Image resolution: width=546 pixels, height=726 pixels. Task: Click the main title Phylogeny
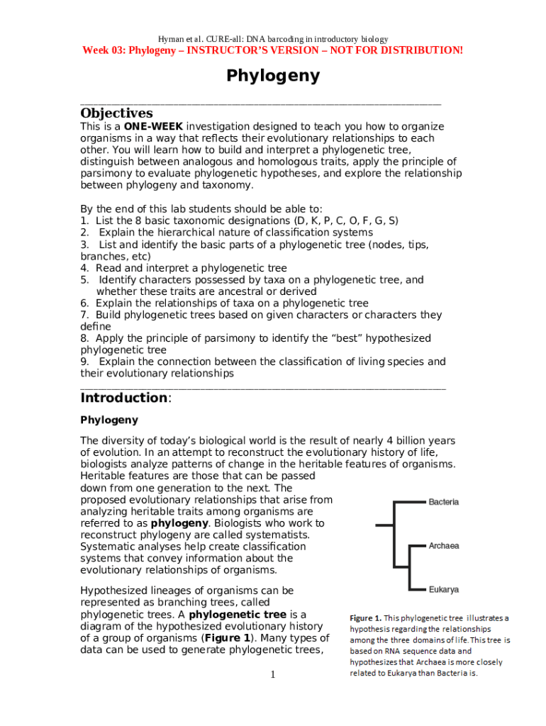pyautogui.click(x=273, y=76)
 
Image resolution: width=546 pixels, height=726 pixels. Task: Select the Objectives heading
pyautogui.click(x=116, y=113)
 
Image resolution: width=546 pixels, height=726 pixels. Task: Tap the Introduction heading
pyautogui.click(x=124, y=398)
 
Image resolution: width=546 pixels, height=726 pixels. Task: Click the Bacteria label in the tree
pyautogui.click(x=443, y=502)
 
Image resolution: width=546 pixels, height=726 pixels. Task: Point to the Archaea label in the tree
pyautogui.click(x=443, y=546)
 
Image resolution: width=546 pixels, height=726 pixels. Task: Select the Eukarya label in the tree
pyautogui.click(x=443, y=589)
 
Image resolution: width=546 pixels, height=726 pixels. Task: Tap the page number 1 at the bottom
pyautogui.click(x=272, y=674)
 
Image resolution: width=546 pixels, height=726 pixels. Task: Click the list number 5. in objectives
pyautogui.click(x=84, y=280)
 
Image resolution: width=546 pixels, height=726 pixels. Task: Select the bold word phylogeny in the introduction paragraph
pyautogui.click(x=179, y=523)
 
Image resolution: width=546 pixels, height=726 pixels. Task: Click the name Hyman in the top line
pyautogui.click(x=171, y=38)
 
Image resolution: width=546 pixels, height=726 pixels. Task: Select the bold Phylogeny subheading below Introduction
pyautogui.click(x=109, y=420)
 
